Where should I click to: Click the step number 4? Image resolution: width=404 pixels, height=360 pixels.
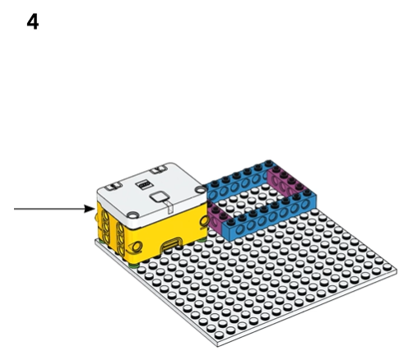[33, 22]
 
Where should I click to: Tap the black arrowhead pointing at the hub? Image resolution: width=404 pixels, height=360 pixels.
[90, 209]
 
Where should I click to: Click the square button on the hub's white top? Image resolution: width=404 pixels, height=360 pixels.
[160, 197]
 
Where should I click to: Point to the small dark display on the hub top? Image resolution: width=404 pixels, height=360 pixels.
[143, 185]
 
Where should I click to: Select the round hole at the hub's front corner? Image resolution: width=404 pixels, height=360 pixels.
[132, 215]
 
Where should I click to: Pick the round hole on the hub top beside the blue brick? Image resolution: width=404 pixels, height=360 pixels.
[200, 189]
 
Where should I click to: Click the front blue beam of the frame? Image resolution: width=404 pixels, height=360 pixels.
[270, 216]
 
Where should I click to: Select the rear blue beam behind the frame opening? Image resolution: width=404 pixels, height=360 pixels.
[236, 181]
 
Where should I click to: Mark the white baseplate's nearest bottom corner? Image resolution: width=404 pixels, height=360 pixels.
[218, 346]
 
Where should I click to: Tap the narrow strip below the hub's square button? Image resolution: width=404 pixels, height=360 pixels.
[170, 207]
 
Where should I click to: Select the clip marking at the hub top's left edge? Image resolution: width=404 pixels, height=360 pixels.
[114, 187]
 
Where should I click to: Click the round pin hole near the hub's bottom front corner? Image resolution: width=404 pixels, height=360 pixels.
[136, 247]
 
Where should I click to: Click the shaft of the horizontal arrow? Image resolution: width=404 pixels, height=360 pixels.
[49, 209]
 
